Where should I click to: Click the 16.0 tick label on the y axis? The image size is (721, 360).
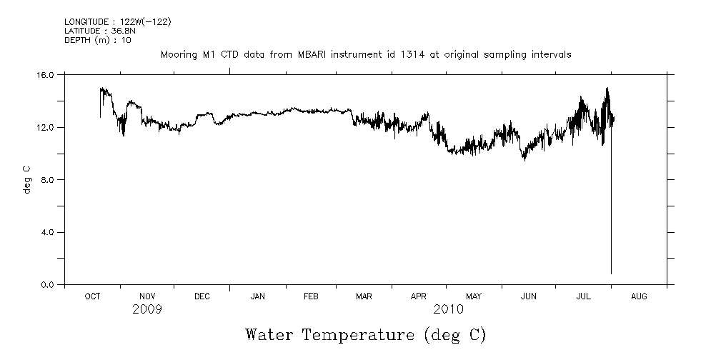(x=46, y=74)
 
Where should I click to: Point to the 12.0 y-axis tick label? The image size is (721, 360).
(x=46, y=127)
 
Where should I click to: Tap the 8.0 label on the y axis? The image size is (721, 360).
(x=49, y=180)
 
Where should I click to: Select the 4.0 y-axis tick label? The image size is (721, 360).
(x=49, y=232)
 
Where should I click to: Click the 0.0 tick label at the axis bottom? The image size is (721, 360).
(x=49, y=285)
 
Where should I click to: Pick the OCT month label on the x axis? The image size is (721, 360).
(x=92, y=296)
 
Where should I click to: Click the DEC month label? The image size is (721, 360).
(x=202, y=296)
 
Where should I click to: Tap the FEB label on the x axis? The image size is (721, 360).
(x=311, y=296)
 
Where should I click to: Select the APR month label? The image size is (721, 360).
(x=419, y=296)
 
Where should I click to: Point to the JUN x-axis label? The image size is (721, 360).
(x=529, y=296)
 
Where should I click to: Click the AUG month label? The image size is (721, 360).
(x=639, y=296)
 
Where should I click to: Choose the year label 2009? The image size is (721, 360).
(x=147, y=309)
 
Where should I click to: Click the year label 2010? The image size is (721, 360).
(x=447, y=309)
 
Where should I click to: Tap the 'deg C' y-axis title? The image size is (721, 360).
(x=26, y=179)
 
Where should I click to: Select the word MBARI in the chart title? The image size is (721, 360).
(x=311, y=54)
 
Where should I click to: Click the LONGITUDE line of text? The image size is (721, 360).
(x=117, y=21)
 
